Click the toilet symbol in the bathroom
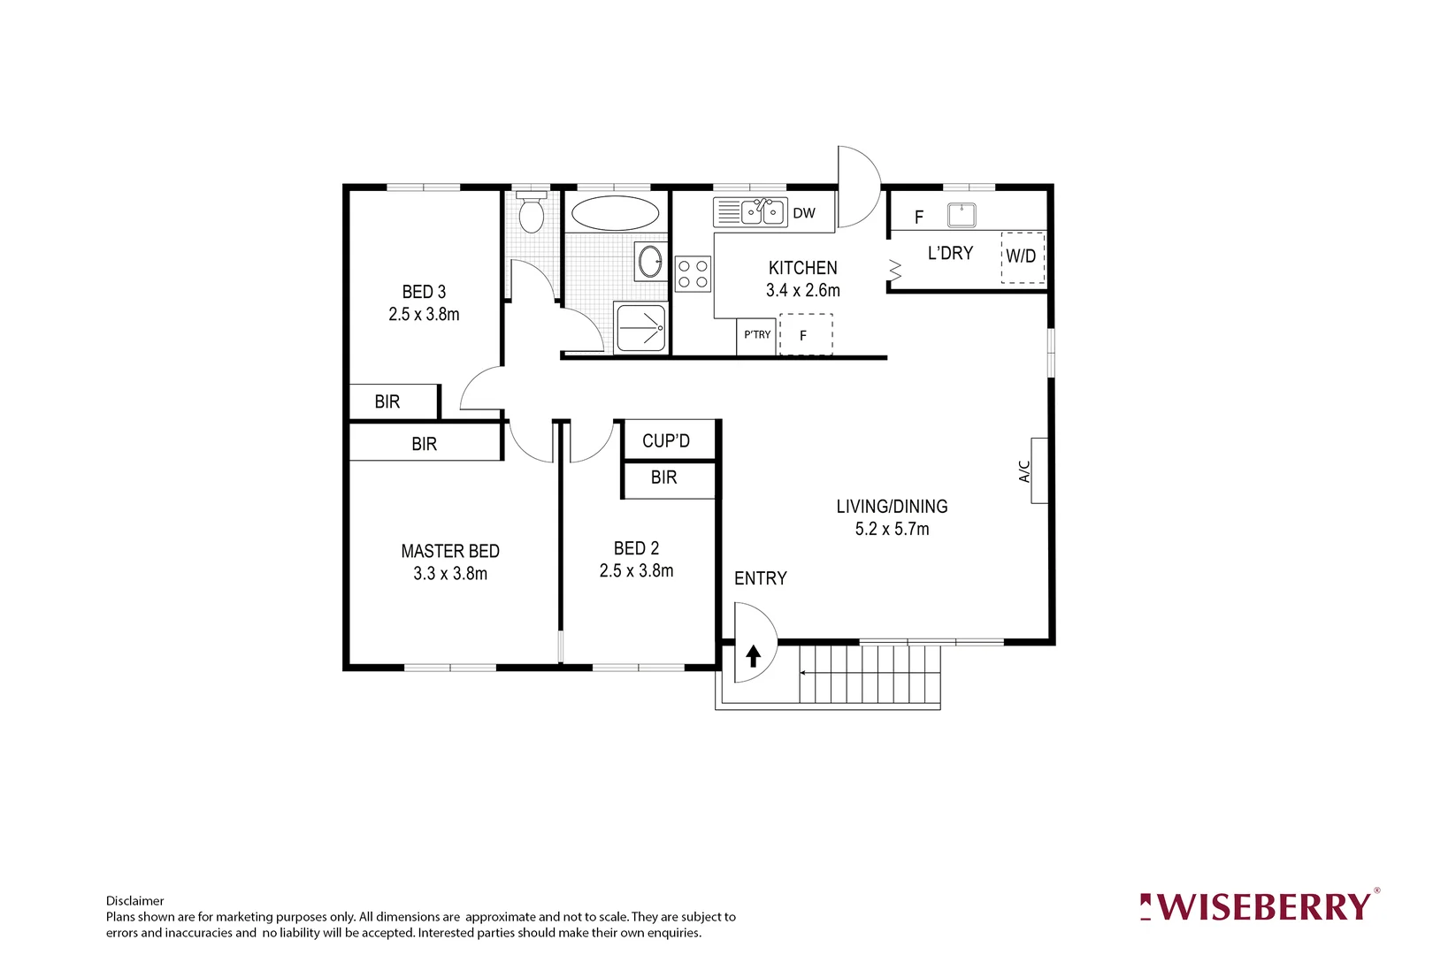click(531, 214)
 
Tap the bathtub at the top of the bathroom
click(615, 213)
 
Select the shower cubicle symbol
click(640, 328)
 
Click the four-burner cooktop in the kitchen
click(693, 273)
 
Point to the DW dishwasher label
click(804, 213)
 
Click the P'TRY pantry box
click(757, 336)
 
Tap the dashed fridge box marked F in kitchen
click(806, 335)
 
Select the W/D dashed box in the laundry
click(1022, 256)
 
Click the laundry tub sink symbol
click(962, 215)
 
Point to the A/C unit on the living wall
click(1038, 470)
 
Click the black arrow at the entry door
click(754, 655)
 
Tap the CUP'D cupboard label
click(666, 440)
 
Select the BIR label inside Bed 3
click(387, 401)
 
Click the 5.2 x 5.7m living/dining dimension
click(892, 529)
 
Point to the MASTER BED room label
click(450, 551)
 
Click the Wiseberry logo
click(1259, 907)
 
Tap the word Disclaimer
click(135, 901)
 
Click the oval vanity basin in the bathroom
click(650, 261)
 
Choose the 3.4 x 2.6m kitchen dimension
click(803, 290)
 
